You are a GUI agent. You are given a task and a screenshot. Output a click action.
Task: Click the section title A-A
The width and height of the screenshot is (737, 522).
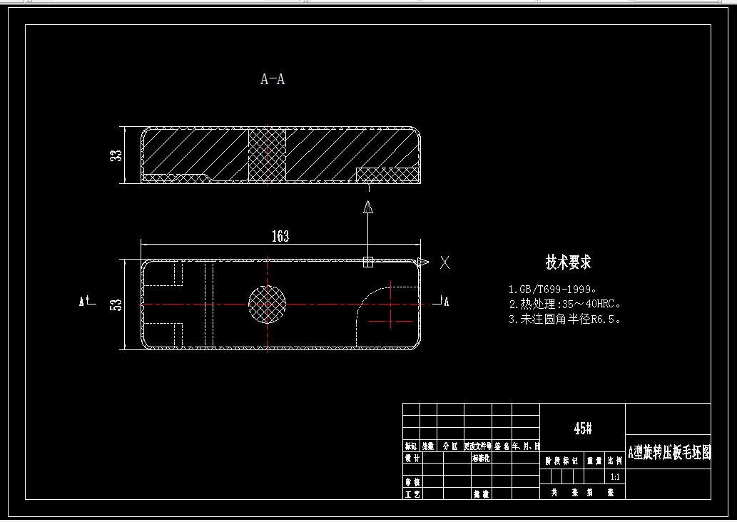tap(273, 79)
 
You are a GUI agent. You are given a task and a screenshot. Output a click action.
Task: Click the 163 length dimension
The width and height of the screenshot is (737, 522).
tap(280, 237)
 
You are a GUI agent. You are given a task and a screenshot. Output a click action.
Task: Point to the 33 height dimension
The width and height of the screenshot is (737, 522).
tap(117, 155)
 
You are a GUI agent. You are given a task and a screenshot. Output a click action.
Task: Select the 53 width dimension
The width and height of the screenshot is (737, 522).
tap(116, 304)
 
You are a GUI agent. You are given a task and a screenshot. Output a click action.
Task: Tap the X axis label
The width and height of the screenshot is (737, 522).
tap(445, 262)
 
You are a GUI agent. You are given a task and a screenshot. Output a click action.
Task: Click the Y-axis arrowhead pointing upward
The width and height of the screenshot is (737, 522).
tap(368, 208)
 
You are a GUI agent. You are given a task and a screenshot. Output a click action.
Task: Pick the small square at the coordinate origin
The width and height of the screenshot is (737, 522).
tap(368, 262)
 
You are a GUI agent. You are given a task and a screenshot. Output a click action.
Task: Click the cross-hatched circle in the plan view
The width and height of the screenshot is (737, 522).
tap(267, 304)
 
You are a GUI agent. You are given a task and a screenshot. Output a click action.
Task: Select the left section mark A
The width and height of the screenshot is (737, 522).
tap(83, 302)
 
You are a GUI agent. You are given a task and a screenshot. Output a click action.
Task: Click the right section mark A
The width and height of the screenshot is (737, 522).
tap(446, 302)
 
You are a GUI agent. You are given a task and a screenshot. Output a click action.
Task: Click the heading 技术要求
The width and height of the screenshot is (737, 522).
tap(569, 262)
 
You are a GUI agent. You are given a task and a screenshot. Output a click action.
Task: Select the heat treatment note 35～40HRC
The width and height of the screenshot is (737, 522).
tap(564, 304)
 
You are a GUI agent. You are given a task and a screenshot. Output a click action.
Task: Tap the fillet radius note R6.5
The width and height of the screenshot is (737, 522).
tap(564, 319)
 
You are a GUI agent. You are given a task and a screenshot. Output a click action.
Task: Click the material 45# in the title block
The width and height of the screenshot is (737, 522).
tap(583, 429)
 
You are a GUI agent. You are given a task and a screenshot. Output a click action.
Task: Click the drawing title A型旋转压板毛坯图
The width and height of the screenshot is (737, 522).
tap(669, 452)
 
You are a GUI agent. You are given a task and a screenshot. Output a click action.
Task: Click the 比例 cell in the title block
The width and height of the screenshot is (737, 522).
tap(615, 461)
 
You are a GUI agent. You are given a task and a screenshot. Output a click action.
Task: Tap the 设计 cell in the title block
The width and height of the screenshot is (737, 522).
tap(412, 459)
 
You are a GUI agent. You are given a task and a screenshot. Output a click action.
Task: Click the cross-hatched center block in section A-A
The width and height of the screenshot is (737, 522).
tap(267, 155)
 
